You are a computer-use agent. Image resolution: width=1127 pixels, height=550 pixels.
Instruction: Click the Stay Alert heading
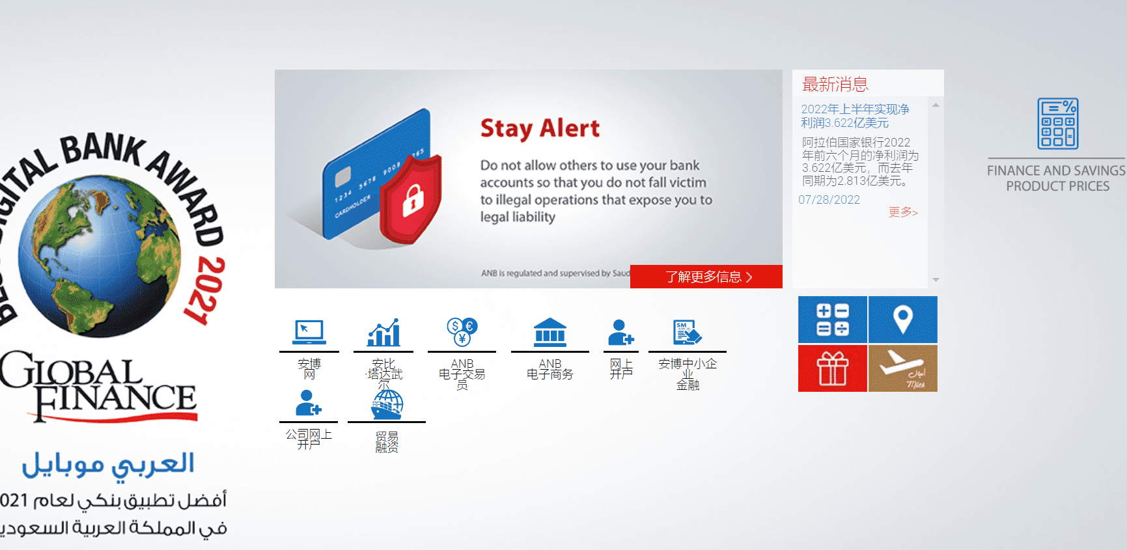point(540,129)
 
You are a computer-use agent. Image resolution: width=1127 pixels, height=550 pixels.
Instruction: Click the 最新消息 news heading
point(835,85)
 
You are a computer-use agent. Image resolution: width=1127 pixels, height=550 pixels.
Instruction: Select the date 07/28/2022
point(829,200)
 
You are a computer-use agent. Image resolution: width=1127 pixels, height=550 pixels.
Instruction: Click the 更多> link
point(902,212)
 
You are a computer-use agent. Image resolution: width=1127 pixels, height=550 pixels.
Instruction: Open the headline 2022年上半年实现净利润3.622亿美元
point(854,116)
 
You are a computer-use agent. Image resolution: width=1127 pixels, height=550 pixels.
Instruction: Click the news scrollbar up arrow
point(936,105)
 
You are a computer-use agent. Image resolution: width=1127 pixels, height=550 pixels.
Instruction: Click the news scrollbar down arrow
point(936,280)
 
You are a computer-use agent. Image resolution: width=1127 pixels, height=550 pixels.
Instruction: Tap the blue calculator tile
point(832,319)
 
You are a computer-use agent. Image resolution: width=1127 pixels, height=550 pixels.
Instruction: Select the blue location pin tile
point(902,319)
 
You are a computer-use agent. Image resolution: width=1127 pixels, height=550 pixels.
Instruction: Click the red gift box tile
point(832,368)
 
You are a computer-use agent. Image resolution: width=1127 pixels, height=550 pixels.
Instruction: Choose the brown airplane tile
point(902,368)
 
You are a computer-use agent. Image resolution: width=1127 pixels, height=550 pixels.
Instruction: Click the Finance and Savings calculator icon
point(1057,124)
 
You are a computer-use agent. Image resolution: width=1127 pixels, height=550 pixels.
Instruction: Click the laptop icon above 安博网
point(309,332)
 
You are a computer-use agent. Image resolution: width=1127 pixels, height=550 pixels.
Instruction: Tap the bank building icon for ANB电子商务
point(550,332)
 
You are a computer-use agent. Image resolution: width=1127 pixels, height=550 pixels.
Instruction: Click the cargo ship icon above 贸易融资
point(387,405)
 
